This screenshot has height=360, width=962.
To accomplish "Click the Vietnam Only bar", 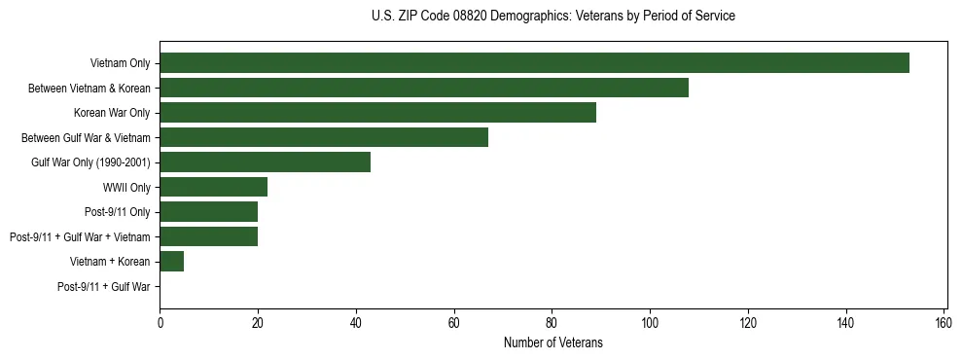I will click(x=534, y=63).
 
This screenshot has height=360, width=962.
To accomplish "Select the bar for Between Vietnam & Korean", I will click(x=424, y=88).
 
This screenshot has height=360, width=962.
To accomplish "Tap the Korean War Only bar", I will click(x=377, y=113).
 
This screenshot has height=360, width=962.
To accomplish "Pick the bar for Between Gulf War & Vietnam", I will click(x=324, y=137).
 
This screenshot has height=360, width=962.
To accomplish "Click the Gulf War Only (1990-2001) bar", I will click(x=265, y=162).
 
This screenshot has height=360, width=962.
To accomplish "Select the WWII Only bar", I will click(x=213, y=187).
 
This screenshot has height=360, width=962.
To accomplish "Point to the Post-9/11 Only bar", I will click(x=208, y=212).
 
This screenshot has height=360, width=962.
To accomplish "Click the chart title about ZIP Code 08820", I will click(x=552, y=17).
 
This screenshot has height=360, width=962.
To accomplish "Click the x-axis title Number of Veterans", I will click(x=552, y=342).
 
